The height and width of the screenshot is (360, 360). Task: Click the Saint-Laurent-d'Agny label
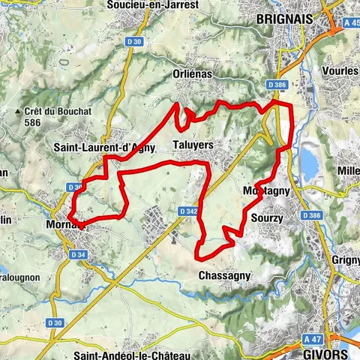[104, 148]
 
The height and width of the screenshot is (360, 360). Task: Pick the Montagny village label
[266, 192]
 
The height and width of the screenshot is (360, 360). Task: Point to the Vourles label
[341, 70]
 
